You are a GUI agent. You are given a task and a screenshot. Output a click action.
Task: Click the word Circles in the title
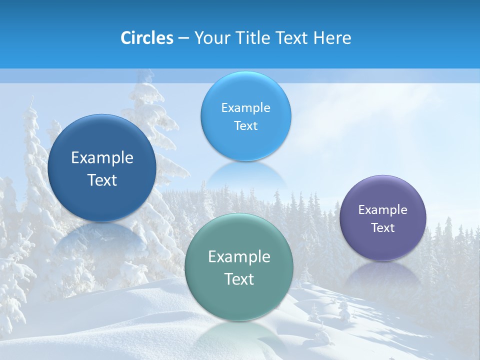147,38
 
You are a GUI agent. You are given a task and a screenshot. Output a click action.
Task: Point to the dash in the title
183,38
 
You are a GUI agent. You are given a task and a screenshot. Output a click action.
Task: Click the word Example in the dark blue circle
102,158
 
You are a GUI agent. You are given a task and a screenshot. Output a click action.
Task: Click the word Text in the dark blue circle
102,180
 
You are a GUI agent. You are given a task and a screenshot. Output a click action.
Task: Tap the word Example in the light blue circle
245,108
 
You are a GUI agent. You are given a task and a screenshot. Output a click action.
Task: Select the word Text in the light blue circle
245,126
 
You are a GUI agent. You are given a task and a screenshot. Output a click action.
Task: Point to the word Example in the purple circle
383,210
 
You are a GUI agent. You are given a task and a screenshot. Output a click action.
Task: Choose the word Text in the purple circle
383,228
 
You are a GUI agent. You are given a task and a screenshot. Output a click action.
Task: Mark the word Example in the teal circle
239,257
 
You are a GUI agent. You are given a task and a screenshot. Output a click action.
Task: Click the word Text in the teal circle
239,279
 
